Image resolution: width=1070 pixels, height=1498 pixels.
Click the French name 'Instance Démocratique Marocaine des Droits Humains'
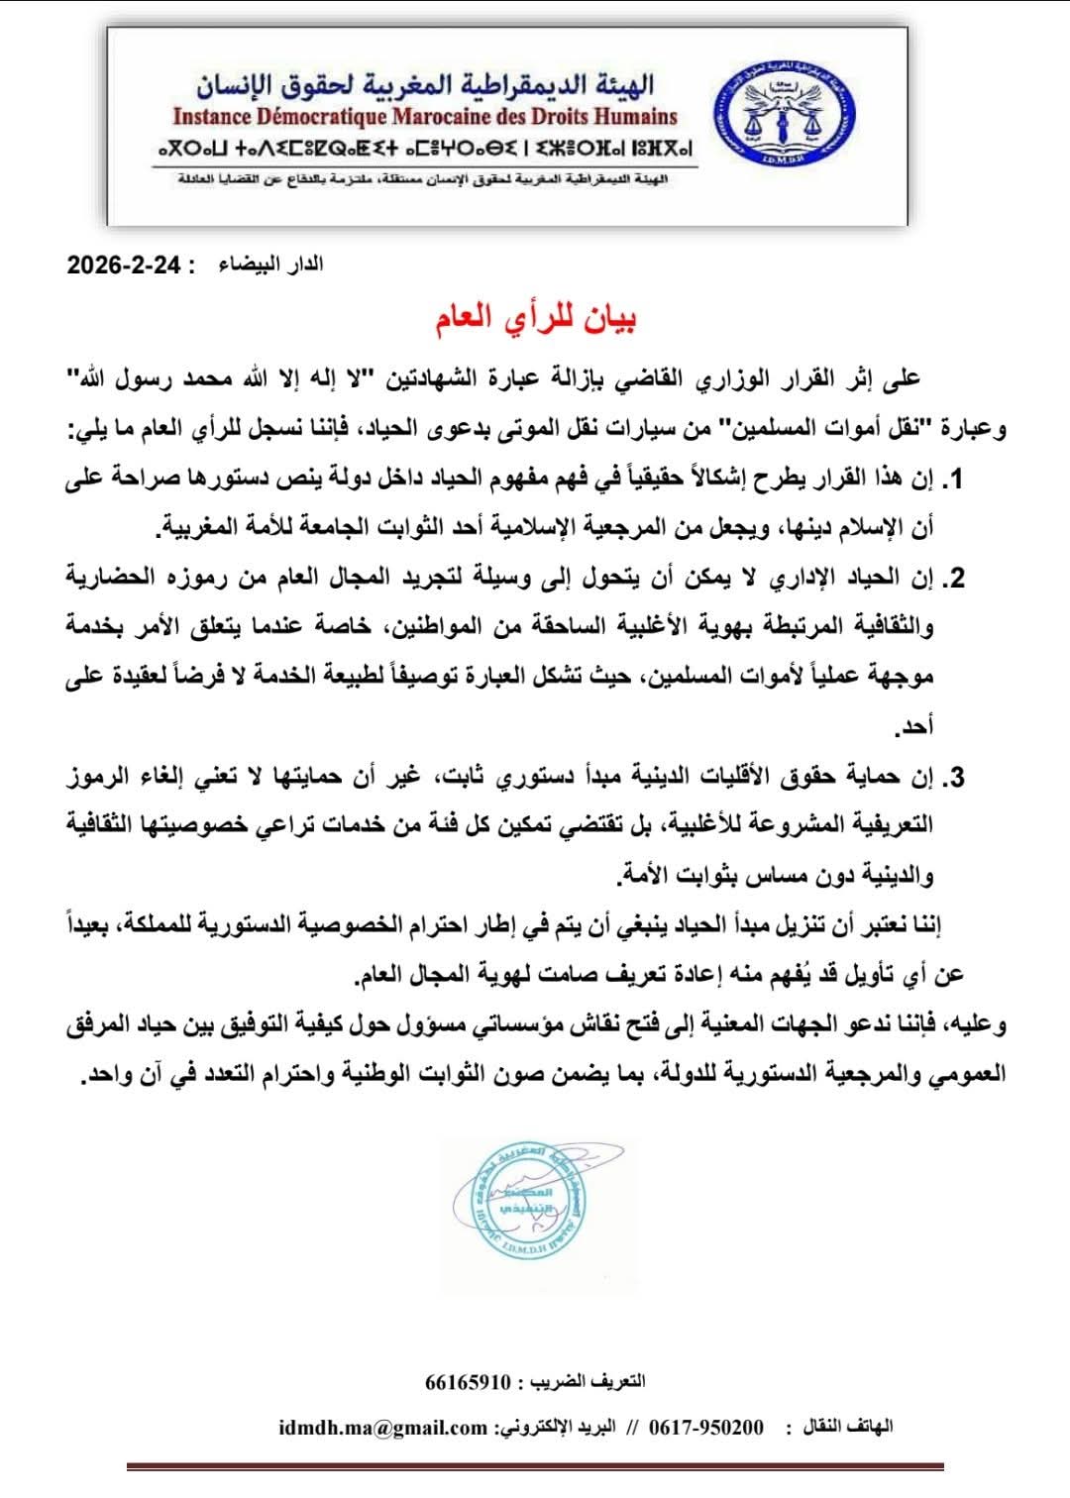pos(425,117)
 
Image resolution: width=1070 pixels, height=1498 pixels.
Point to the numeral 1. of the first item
pos(952,482)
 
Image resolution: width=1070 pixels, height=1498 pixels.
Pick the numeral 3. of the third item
pos(952,778)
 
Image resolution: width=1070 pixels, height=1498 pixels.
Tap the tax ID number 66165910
pos(468,1380)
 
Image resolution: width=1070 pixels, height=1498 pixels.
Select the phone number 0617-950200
pos(706,1427)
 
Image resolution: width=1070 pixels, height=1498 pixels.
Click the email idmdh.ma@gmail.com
pos(382,1427)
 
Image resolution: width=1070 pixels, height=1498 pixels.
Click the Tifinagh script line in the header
pos(425,149)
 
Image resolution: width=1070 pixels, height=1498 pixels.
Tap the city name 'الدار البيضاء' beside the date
pos(270,265)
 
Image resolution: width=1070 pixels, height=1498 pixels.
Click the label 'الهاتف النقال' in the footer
pos(851,1427)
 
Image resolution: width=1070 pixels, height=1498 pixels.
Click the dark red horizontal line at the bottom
pos(535,1466)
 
